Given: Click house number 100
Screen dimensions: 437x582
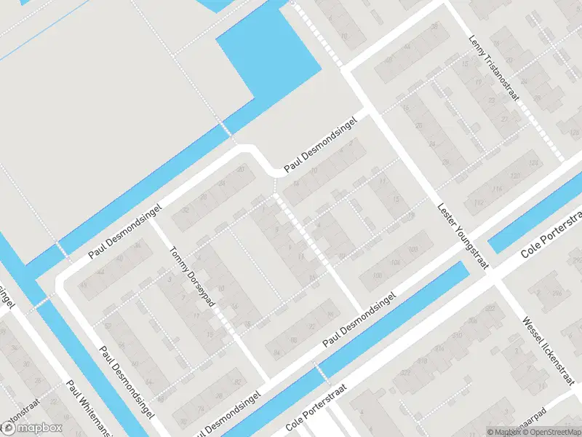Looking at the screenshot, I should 376,276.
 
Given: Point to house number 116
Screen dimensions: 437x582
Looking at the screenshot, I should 498,189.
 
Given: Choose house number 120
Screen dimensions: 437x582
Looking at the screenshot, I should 516,176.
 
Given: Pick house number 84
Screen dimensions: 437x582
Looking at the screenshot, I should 276,353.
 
